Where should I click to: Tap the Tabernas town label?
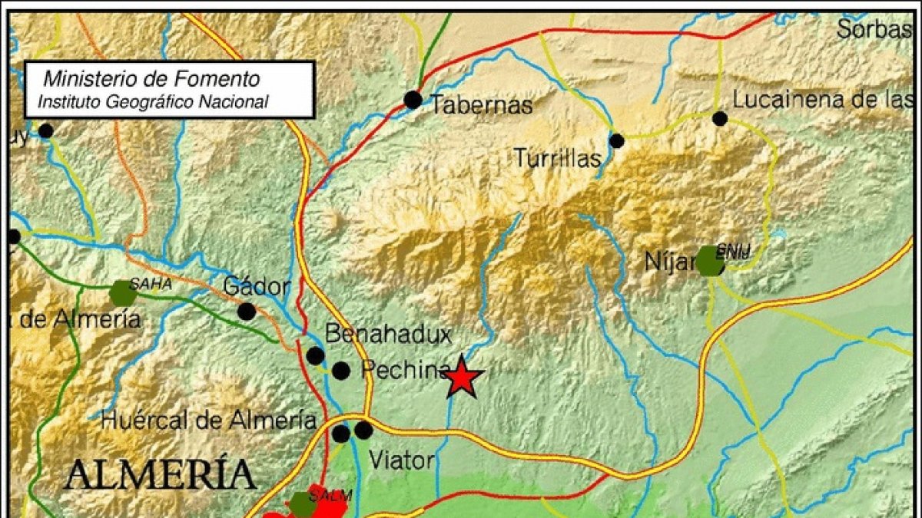coord(481,105)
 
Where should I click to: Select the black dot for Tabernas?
coord(413,99)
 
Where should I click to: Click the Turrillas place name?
coord(558,159)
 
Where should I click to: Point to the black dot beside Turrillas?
coord(617,140)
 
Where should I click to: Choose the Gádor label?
coord(257,287)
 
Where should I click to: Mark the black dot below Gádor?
coord(247,312)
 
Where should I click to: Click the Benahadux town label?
coord(388,334)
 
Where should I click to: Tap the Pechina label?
coord(405,371)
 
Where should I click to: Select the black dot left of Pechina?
coord(341,371)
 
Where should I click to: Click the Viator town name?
coord(402,460)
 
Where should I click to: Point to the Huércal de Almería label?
coord(208,420)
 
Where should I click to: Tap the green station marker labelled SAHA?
coord(123,293)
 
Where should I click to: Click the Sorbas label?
coord(874,30)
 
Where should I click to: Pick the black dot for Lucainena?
coord(720,118)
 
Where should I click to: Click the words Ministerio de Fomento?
coord(151,78)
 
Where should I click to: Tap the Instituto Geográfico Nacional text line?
coord(154,101)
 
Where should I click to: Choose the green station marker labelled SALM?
coord(302,504)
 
